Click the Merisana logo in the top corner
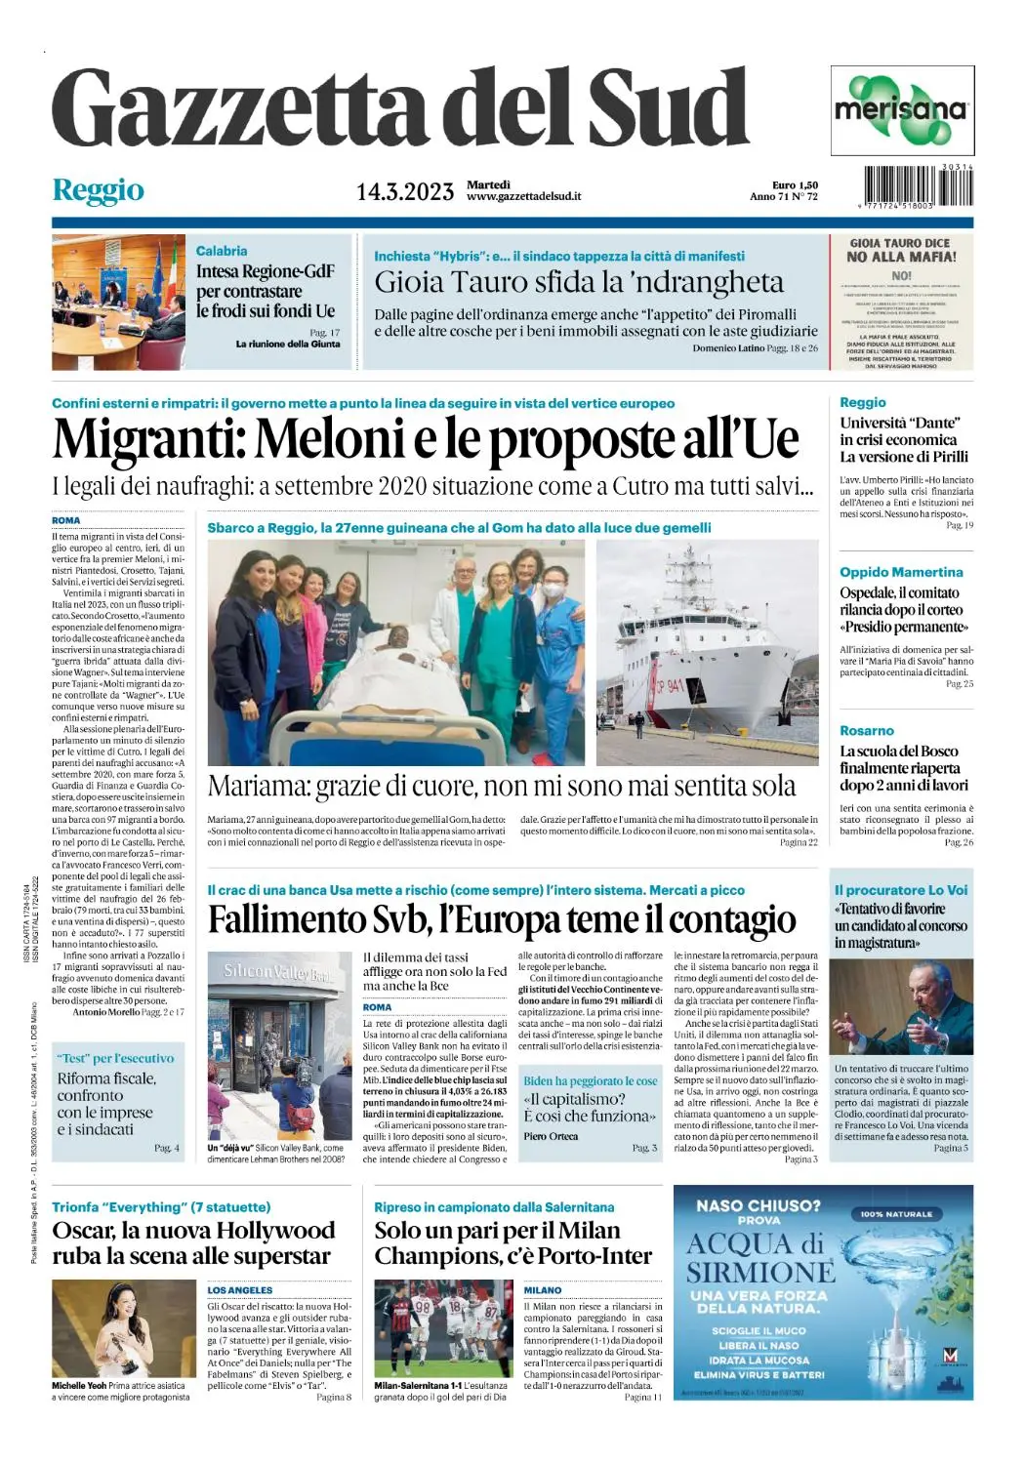point(901,110)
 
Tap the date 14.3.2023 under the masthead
point(404,191)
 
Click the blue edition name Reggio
point(98,190)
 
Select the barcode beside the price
point(918,186)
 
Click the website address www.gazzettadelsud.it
point(524,196)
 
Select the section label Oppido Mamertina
point(901,572)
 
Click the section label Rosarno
point(867,730)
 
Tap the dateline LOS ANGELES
point(240,1289)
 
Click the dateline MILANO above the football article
point(543,1289)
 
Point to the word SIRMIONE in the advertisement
point(760,1273)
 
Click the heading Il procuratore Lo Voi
point(901,890)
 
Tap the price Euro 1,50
point(795,184)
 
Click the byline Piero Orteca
point(551,1136)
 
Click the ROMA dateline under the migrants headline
point(66,520)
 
